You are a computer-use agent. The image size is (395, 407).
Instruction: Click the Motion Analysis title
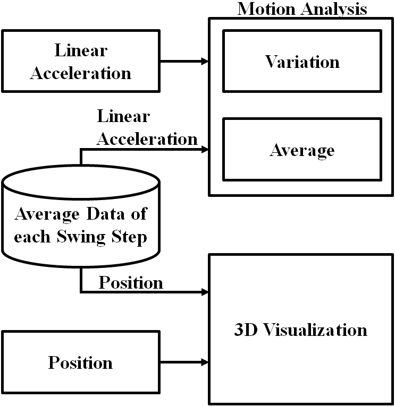pos(302,8)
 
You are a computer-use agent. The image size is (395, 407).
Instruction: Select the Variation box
pos(302,61)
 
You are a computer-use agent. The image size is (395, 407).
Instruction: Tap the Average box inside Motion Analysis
pos(302,150)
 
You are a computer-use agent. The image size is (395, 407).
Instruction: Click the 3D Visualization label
pos(301,330)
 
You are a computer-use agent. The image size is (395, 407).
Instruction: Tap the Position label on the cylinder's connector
pos(130,282)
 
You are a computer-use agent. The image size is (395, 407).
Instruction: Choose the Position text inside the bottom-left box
pos(80,362)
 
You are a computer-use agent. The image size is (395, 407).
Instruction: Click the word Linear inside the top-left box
pos(80,50)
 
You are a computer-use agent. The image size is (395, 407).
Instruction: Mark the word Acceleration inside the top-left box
pos(80,73)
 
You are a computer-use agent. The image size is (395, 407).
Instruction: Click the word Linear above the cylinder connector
pos(123,116)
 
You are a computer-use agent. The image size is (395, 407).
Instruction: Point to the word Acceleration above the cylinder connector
pos(147,139)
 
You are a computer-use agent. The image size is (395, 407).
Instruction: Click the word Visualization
pos(315,330)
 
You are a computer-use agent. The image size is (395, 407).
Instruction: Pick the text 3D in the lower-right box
pos(245,330)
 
